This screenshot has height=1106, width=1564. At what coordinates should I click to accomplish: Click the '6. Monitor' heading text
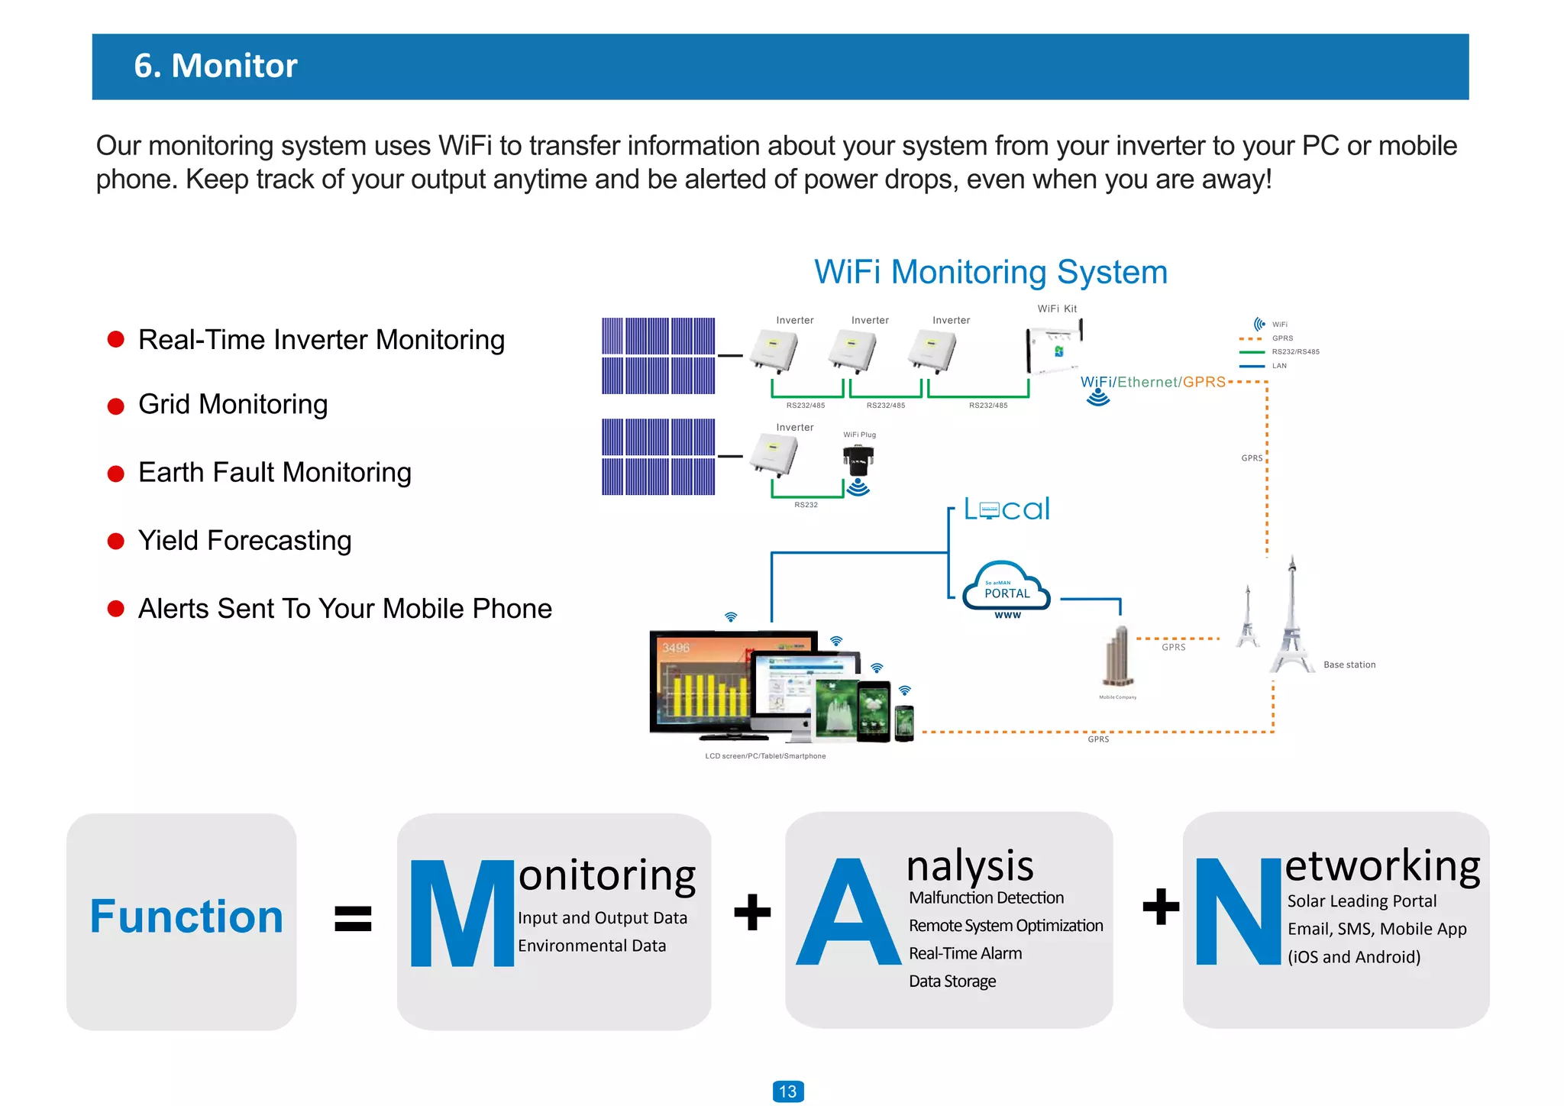click(x=215, y=66)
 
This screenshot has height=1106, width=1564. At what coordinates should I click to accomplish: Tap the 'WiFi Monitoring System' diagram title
click(x=990, y=272)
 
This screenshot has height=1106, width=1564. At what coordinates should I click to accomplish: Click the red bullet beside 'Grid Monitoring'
click(x=116, y=406)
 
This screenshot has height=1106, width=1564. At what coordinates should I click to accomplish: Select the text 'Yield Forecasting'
click(x=244, y=541)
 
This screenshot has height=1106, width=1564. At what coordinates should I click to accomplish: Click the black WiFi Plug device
click(x=858, y=459)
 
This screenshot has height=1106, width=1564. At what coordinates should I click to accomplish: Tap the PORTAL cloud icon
click(x=1007, y=589)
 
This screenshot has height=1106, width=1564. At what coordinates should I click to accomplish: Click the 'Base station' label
click(x=1349, y=665)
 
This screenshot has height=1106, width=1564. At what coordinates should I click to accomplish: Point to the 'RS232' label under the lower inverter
click(x=806, y=505)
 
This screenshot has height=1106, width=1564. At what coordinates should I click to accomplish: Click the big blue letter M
click(x=461, y=914)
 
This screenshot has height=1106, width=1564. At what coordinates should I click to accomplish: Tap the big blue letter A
click(x=848, y=914)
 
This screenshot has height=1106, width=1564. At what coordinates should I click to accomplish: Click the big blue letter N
click(x=1237, y=912)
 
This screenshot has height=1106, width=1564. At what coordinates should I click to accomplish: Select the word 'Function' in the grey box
click(x=186, y=917)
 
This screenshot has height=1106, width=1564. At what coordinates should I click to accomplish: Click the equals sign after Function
click(x=353, y=918)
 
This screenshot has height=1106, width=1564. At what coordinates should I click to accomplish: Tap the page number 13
click(x=787, y=1091)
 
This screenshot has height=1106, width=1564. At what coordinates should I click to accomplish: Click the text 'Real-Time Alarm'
click(x=965, y=953)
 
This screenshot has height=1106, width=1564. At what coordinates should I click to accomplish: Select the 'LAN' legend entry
click(x=1278, y=366)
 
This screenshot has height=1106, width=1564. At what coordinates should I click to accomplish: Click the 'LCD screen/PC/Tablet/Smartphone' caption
click(x=765, y=756)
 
